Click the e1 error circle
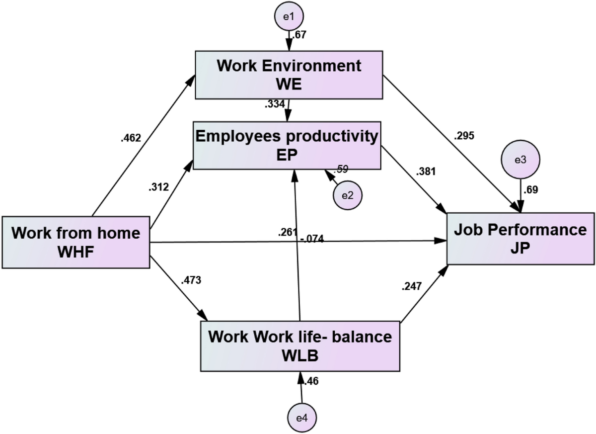click(289, 16)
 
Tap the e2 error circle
click(348, 194)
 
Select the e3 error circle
click(520, 160)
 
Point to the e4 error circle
click(302, 418)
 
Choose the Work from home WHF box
click(76, 242)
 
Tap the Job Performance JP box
click(521, 239)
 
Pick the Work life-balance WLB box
click(300, 345)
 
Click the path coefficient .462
click(131, 138)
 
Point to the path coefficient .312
click(158, 187)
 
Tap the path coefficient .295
click(464, 135)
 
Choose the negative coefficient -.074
click(312, 240)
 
